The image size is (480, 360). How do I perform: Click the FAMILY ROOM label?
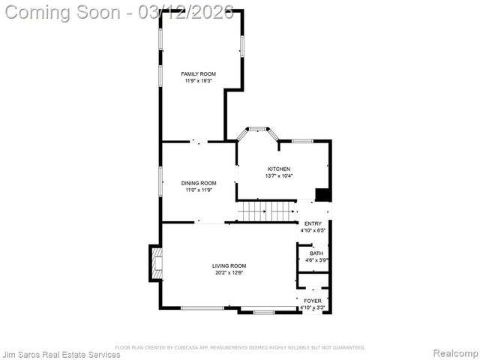point(199,73)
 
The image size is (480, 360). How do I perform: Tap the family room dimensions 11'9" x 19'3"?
point(199,80)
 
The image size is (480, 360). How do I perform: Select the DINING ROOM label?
point(199,183)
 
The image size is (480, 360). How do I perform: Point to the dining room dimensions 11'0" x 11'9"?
point(199,190)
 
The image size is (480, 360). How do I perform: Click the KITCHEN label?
point(279,169)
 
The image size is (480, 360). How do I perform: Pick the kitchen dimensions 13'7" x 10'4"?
point(279,175)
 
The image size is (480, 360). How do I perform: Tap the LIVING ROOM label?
point(229,265)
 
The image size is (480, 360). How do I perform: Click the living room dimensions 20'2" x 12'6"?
point(229,272)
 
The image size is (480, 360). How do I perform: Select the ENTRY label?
point(313,223)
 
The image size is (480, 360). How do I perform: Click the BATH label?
point(316,253)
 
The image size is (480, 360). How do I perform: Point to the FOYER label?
point(313,301)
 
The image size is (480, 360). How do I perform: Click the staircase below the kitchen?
point(267,211)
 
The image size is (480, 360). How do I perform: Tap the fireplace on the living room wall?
point(156,263)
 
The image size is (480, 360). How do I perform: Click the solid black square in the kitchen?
point(323,194)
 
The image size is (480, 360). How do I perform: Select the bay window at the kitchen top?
point(258,131)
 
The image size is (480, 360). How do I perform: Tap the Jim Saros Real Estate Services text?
point(61,354)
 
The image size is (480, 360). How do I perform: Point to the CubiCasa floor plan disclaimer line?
point(240,347)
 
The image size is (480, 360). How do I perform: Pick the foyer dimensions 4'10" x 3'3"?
point(313,307)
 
